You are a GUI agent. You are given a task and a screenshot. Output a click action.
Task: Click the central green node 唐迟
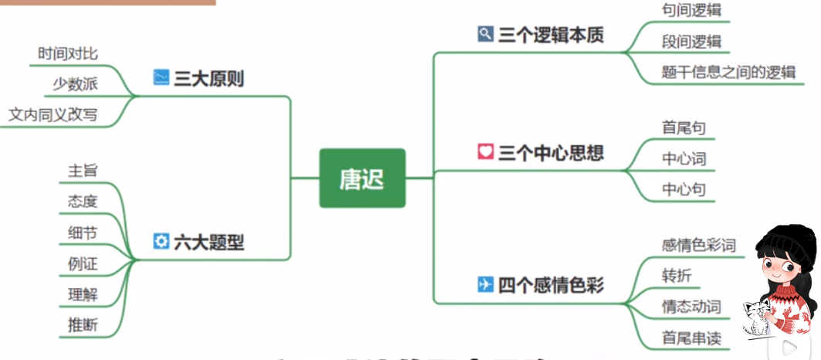click(x=361, y=178)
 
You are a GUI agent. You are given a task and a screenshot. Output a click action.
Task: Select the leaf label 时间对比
click(x=68, y=53)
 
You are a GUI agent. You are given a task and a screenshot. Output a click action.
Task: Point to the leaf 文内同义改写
click(x=53, y=115)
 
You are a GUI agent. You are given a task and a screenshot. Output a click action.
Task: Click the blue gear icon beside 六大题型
click(x=161, y=241)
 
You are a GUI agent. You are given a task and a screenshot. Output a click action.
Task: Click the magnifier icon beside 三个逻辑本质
click(x=485, y=34)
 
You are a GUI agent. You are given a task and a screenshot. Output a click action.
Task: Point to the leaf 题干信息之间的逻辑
click(x=728, y=72)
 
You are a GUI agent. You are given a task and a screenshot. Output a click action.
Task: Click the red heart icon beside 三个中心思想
click(x=485, y=151)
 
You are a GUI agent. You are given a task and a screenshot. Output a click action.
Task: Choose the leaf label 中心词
click(x=684, y=159)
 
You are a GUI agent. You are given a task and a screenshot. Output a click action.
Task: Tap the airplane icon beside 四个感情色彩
click(x=485, y=284)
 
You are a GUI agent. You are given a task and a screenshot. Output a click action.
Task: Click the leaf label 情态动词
click(x=690, y=306)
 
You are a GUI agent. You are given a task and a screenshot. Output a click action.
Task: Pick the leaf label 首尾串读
click(x=690, y=337)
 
